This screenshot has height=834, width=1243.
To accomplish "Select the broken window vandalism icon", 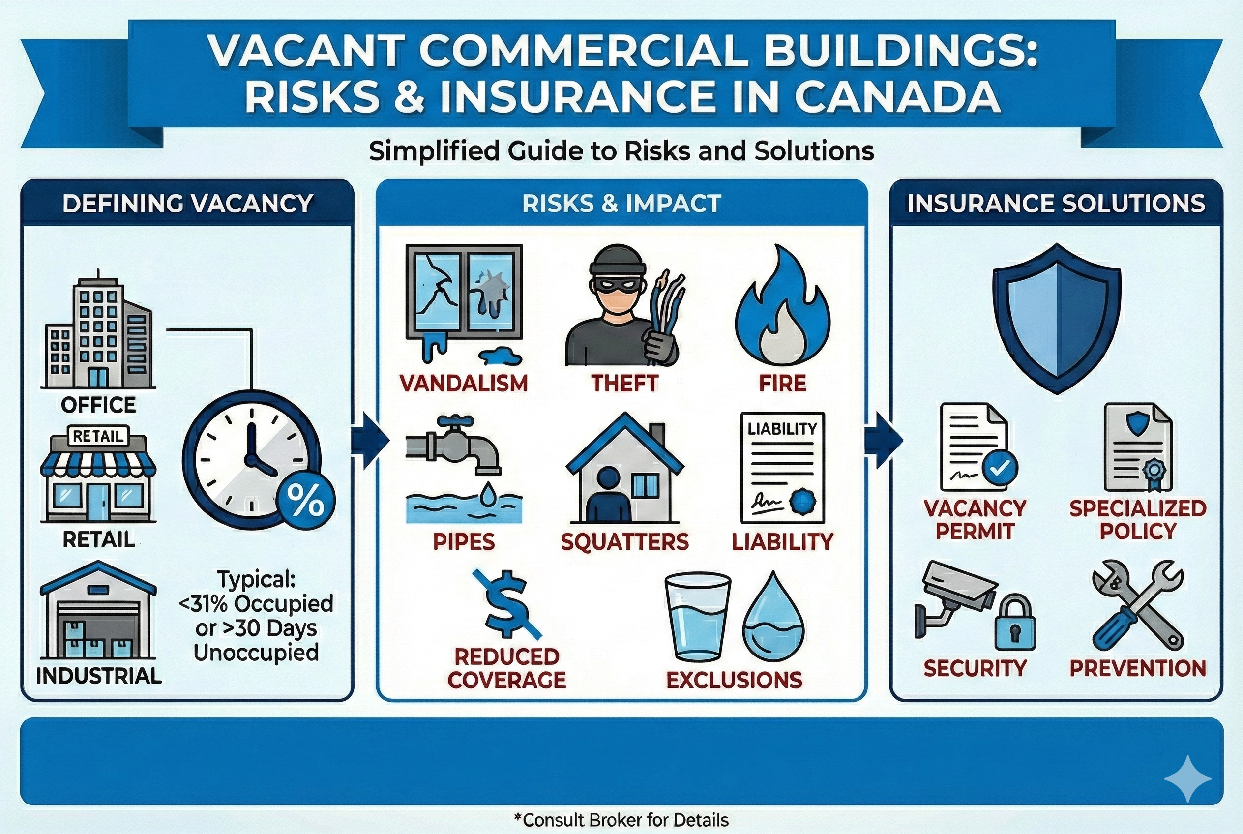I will (x=464, y=300).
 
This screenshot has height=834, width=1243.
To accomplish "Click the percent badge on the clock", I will (x=305, y=500).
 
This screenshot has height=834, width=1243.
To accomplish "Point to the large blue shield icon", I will (x=1056, y=318).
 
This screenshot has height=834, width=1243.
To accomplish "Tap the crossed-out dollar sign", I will (x=507, y=605).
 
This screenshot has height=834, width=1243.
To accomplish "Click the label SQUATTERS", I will (x=624, y=542).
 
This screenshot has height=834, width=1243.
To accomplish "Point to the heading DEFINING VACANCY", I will (x=187, y=204).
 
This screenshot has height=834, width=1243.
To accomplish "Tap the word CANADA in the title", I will (x=897, y=98).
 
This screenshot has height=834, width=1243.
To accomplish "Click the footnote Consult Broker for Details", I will (x=621, y=820).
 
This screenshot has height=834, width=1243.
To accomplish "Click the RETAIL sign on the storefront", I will (x=98, y=437).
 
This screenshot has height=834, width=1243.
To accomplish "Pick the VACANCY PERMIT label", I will (x=975, y=520).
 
